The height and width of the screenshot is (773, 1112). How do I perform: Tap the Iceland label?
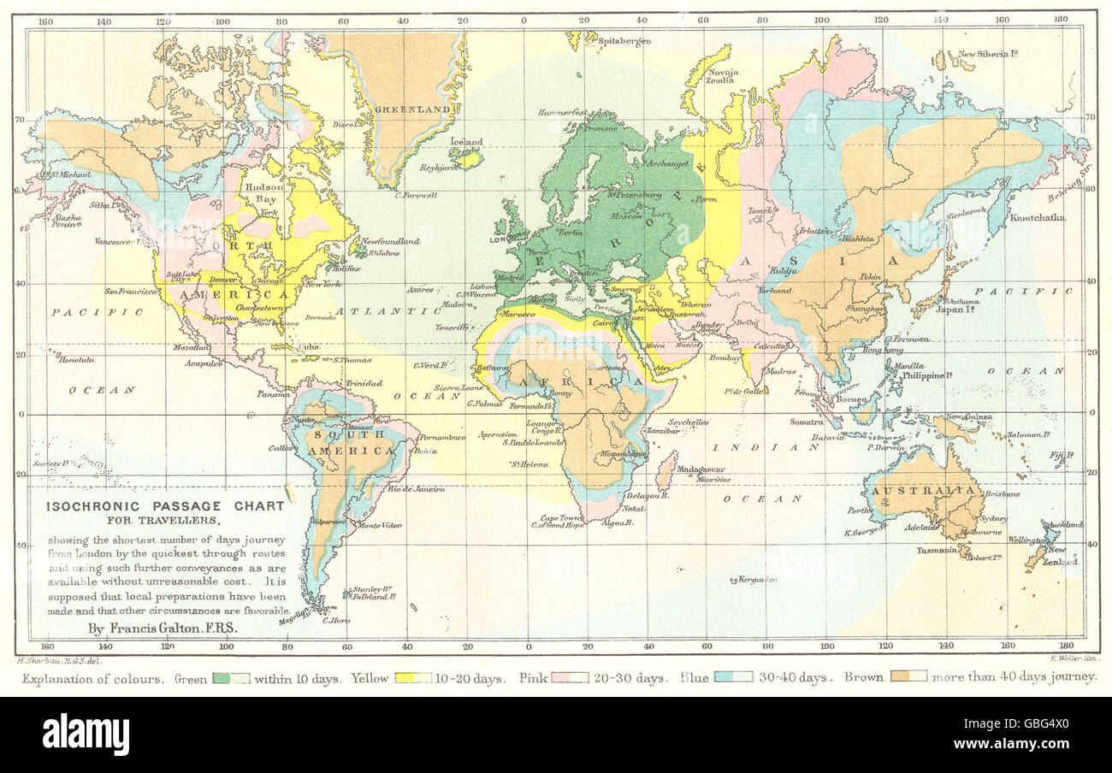tap(467, 142)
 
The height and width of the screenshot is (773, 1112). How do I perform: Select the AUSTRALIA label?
tap(923, 491)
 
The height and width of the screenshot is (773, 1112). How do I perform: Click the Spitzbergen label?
tap(624, 40)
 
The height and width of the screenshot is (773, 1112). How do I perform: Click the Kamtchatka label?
tap(1038, 218)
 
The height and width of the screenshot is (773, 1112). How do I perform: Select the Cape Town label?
tap(561, 518)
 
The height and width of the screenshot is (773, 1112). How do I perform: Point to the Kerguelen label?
tap(756, 580)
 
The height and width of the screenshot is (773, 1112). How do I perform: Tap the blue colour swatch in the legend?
tap(734, 678)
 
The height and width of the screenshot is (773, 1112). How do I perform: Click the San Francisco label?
tap(130, 292)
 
